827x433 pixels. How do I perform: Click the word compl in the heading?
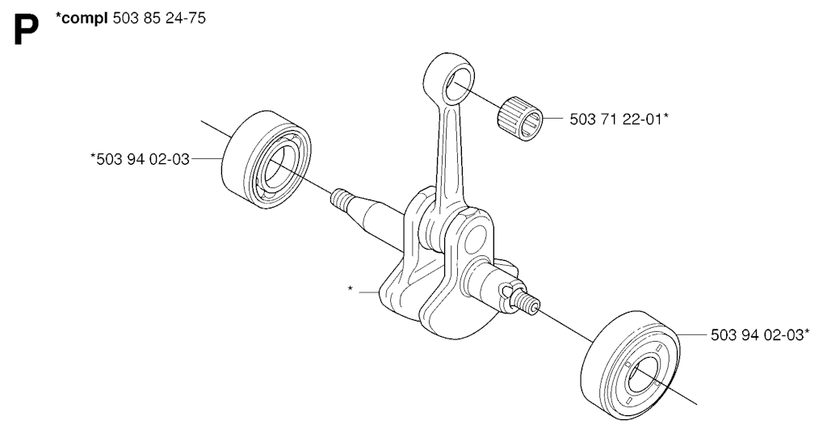coord(84,19)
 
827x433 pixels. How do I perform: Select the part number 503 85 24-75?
coord(159,18)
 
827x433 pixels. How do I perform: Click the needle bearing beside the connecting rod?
coord(520,119)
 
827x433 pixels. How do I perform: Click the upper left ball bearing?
coord(266,159)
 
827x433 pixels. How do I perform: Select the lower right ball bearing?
coord(630,365)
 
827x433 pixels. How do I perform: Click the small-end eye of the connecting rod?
coord(449,79)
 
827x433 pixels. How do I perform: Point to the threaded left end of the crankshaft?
coord(342,200)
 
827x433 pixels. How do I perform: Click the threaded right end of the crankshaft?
coord(526,302)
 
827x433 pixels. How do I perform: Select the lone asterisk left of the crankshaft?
coord(351,289)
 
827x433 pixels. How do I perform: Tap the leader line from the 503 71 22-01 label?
coord(553,119)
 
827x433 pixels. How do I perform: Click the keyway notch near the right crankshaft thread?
coord(507,290)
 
